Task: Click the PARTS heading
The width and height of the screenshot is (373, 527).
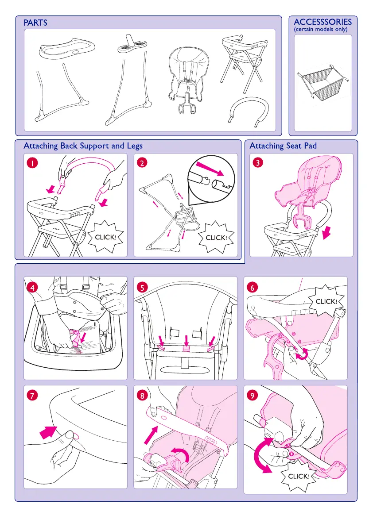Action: tap(35, 23)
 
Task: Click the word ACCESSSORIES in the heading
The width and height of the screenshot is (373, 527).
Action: tap(323, 22)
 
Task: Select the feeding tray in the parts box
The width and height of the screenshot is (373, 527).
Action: tap(67, 48)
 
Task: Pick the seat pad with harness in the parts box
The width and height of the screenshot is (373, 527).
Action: tap(188, 79)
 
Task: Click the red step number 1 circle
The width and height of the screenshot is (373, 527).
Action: tap(32, 163)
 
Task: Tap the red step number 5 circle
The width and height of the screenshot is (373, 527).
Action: tap(142, 288)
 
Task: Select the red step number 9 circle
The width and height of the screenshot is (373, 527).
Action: tap(252, 396)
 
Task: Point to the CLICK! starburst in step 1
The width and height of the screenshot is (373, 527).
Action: tap(105, 237)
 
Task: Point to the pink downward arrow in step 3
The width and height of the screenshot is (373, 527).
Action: tap(326, 233)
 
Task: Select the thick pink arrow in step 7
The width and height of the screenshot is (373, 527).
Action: tap(48, 432)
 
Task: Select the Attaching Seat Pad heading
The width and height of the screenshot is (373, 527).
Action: tap(283, 146)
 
